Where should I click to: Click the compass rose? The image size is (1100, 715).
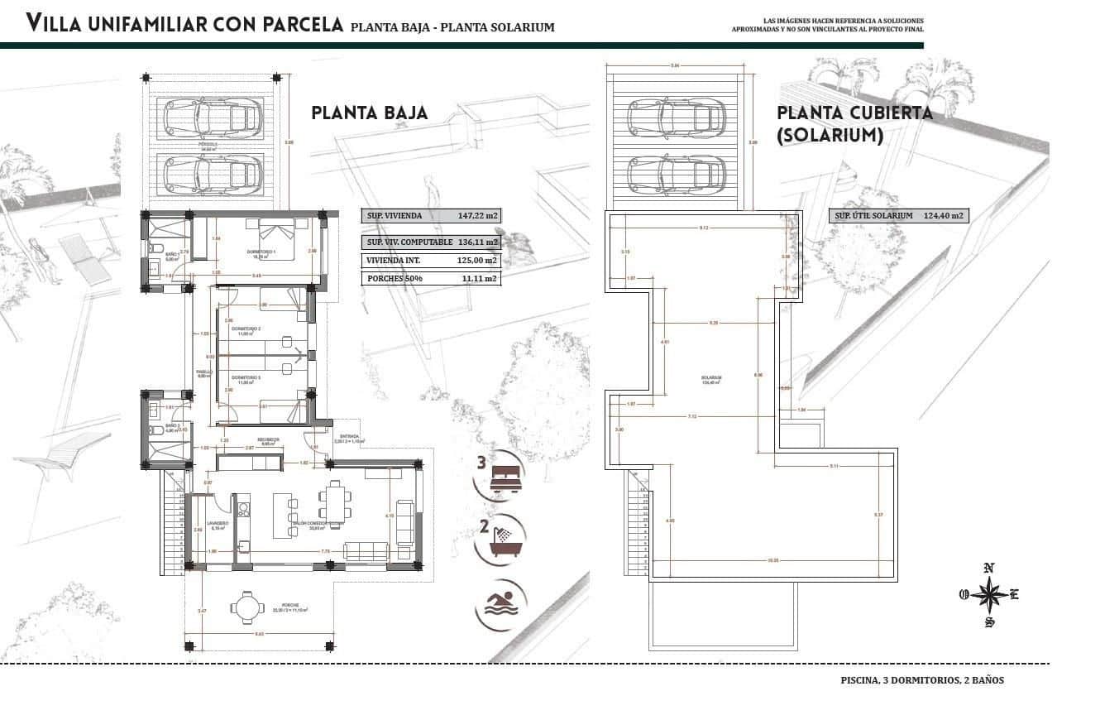(989, 594)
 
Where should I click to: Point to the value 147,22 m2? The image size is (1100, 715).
(478, 216)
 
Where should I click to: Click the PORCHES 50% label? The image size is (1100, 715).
(394, 279)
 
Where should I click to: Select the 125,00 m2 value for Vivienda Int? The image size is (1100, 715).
(478, 260)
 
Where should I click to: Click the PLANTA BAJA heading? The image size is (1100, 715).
(370, 113)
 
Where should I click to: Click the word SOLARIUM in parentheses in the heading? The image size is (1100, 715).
(830, 134)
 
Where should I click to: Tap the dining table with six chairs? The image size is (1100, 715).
(335, 505)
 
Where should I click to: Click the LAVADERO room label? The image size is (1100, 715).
(219, 523)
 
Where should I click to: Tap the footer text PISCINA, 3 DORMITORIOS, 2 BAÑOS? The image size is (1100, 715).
(921, 680)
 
